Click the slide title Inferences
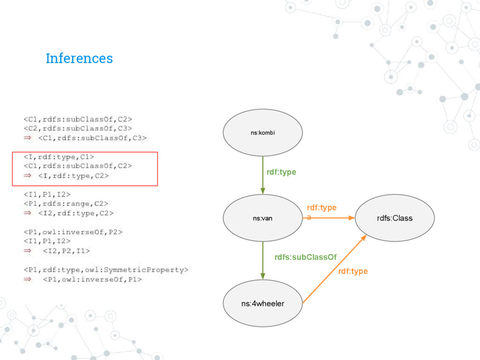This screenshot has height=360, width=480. [x=79, y=59]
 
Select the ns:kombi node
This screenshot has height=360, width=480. [x=262, y=133]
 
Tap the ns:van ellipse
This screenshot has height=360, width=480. [x=262, y=218]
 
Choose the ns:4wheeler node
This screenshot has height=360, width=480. [x=262, y=303]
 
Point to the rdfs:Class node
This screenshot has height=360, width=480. [x=395, y=218]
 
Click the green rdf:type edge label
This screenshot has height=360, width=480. [x=281, y=172]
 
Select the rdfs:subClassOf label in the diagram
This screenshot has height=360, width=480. [x=305, y=257]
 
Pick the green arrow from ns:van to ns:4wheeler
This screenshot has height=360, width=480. [x=262, y=261]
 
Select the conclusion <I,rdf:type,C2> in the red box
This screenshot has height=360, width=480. [x=74, y=176]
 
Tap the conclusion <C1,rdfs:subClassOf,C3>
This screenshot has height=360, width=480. [x=92, y=138]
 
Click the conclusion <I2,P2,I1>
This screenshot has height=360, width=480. [x=65, y=251]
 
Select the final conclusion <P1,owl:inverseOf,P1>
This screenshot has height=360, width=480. [x=92, y=279]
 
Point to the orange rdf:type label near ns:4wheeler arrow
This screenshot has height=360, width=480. [x=353, y=271]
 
